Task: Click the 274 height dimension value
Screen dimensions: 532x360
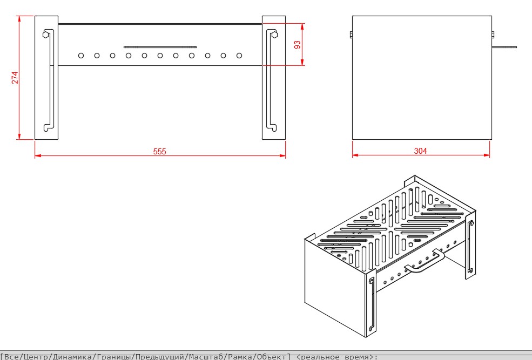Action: (15, 78)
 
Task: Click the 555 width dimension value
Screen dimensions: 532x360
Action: (159, 152)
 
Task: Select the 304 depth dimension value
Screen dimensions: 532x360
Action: (420, 151)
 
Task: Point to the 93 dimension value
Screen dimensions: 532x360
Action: (297, 44)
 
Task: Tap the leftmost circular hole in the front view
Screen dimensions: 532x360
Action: (81, 56)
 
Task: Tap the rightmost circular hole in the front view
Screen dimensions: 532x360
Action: (239, 56)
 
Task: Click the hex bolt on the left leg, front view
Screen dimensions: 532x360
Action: (45, 35)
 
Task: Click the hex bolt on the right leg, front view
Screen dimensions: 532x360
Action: (274, 35)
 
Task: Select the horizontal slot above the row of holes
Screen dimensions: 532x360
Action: (160, 47)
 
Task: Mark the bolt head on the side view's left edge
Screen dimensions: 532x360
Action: (351, 35)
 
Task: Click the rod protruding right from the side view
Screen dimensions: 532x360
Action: (504, 47)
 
